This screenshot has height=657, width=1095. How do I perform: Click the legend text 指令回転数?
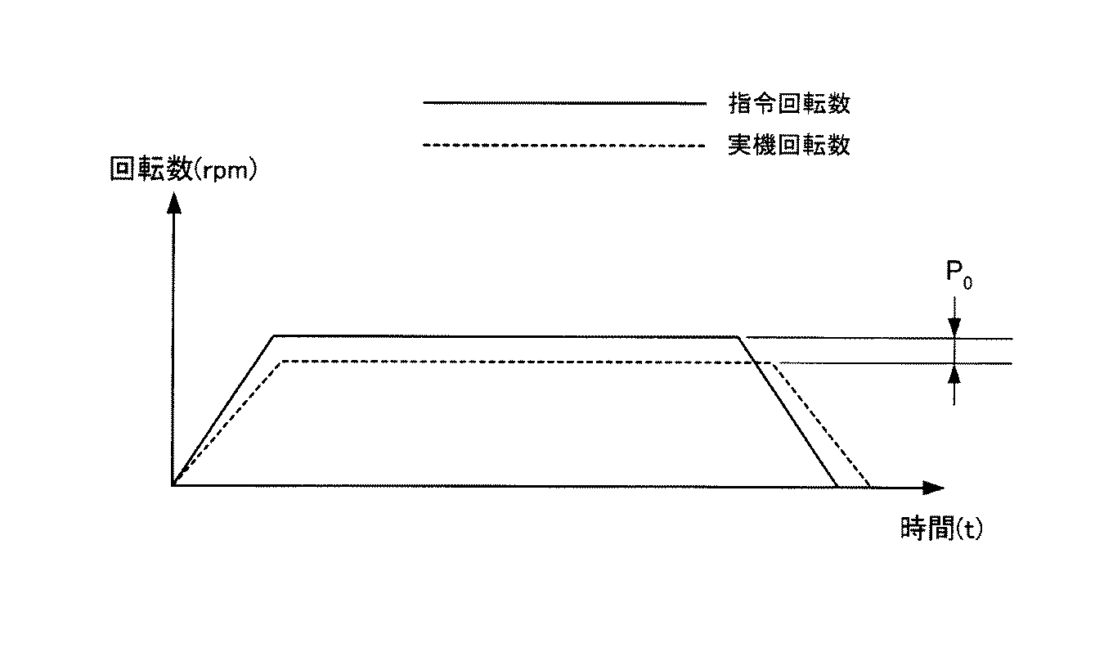[789, 104]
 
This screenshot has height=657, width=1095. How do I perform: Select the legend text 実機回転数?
[789, 146]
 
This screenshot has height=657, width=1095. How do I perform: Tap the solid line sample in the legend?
[563, 103]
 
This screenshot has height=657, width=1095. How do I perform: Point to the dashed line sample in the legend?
[563, 146]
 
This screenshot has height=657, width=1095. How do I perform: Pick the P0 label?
[958, 272]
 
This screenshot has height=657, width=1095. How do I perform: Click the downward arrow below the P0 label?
[954, 326]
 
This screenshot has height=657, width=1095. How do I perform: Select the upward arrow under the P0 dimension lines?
[954, 374]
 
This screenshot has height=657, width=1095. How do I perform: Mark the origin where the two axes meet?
[173, 485]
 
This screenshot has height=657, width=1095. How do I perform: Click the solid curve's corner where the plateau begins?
[274, 335]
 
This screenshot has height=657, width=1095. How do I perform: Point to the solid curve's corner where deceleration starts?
[739, 336]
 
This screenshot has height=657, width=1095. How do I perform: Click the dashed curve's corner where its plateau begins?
[281, 362]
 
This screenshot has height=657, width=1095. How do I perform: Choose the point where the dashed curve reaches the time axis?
[869, 486]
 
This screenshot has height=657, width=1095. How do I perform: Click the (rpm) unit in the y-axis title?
[225, 170]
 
